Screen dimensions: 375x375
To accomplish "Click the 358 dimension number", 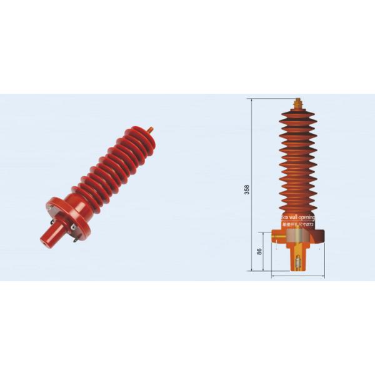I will point(247,188).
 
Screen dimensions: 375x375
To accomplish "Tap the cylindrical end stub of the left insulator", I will point(48,236).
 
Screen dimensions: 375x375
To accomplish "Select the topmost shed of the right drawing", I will point(297,114).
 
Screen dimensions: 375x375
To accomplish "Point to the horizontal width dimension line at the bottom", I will point(297,275).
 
